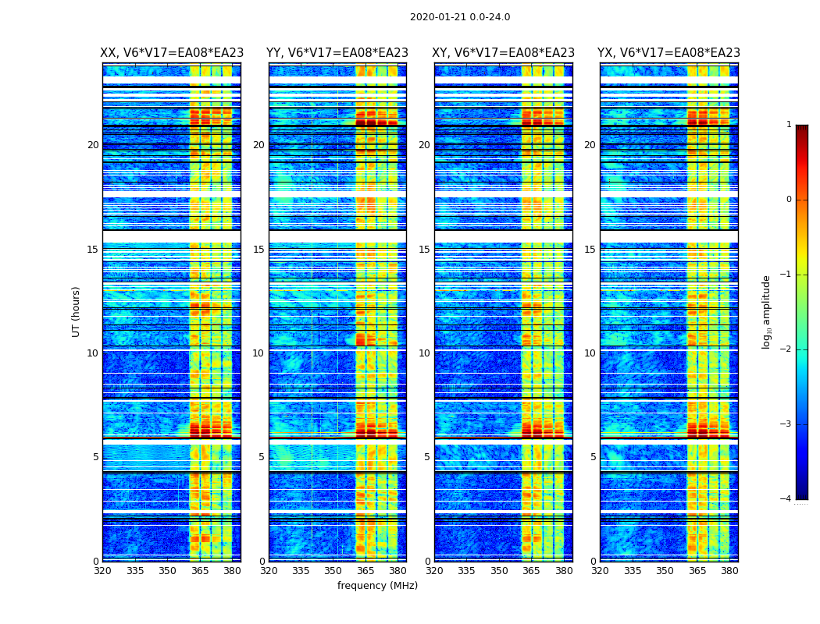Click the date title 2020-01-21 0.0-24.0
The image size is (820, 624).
click(460, 17)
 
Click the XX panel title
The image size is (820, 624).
click(172, 53)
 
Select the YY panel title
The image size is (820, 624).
click(337, 53)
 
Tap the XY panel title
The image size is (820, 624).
click(504, 53)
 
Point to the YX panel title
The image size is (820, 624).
click(668, 53)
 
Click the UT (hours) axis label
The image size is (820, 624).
click(77, 311)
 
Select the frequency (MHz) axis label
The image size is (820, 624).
click(377, 586)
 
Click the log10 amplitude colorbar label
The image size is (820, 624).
click(767, 311)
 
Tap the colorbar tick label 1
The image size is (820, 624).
click(789, 125)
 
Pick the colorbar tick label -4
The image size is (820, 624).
click(786, 499)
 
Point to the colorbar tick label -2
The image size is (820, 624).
click(786, 349)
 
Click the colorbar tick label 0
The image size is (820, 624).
click(789, 200)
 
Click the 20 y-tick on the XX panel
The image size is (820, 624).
click(93, 145)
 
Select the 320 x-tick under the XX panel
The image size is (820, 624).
click(102, 571)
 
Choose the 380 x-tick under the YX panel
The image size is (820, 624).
click(729, 571)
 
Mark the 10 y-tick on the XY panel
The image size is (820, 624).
click(424, 353)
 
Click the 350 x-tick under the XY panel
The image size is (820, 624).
click(499, 571)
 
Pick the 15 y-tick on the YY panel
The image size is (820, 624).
click(258, 250)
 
